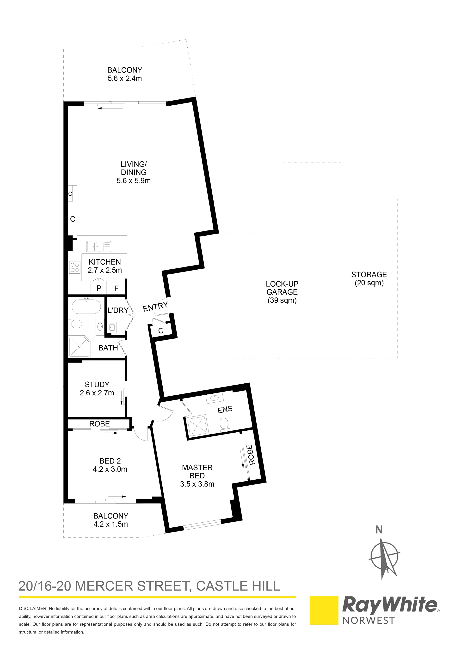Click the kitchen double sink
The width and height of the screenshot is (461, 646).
point(98,247)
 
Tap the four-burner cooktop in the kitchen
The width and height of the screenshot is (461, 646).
point(75,267)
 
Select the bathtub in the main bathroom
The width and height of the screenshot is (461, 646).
point(86,306)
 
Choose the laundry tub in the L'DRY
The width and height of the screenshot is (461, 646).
point(112,327)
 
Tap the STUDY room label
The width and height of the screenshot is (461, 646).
point(97,385)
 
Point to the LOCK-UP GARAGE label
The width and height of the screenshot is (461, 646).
point(282,288)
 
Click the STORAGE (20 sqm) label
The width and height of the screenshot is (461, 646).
point(369,278)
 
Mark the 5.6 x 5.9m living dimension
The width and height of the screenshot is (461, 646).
point(134,181)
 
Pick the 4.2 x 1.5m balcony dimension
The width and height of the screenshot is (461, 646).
point(111,524)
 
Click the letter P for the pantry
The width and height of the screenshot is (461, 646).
point(99,288)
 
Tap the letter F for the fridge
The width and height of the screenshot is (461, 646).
point(116,288)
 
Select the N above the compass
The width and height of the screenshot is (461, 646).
point(379,530)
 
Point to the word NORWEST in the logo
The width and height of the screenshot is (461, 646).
point(369,621)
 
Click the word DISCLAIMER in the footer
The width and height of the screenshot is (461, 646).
point(33,609)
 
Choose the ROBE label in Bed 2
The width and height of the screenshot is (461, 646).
point(99,424)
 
